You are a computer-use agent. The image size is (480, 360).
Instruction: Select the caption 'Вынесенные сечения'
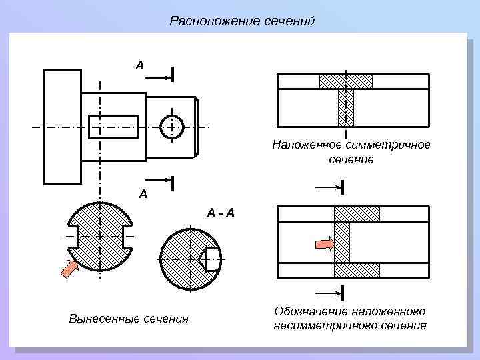[x=129, y=318]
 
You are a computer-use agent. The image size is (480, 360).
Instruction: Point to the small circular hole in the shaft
[x=171, y=126]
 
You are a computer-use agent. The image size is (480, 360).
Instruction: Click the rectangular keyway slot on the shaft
[x=113, y=126]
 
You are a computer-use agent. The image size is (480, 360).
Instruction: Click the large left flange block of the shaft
[x=61, y=125]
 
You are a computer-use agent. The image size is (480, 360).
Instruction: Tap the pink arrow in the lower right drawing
[x=324, y=244]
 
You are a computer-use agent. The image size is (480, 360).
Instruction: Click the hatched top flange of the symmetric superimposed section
[x=345, y=81]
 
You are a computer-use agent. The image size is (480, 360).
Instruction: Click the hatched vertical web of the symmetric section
[x=345, y=107]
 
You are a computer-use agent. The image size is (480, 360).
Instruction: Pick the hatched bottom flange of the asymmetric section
[x=356, y=270]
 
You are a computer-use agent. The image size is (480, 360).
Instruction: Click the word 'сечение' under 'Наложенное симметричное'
[x=351, y=159]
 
